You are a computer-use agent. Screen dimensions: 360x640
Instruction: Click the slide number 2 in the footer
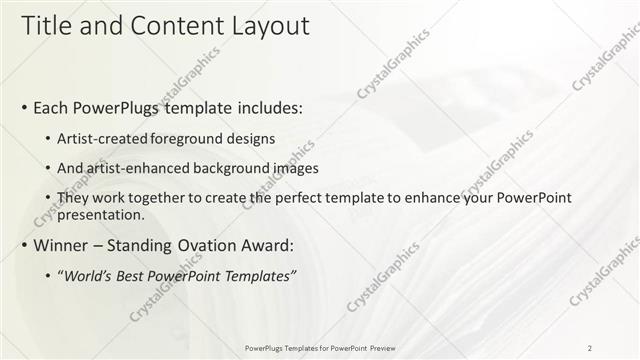click(x=590, y=347)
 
